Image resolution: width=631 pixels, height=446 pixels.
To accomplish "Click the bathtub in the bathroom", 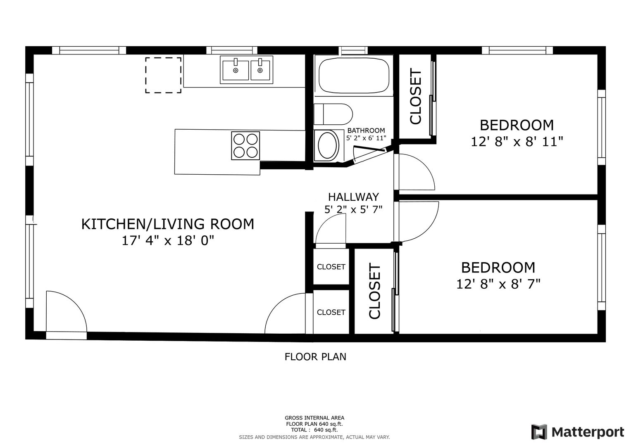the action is tap(354, 76).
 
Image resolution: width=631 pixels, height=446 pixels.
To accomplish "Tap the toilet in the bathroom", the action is tap(333, 114).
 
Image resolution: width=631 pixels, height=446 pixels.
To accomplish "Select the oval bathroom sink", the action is tap(327, 145).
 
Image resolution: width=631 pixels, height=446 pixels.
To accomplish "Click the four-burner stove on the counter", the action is tap(245, 145).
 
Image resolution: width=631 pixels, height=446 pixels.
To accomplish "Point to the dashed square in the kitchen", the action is tap(163, 75).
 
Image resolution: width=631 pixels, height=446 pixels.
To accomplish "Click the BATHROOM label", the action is tap(366, 130).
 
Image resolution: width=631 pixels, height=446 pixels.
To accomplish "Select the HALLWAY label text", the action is tap(354, 197).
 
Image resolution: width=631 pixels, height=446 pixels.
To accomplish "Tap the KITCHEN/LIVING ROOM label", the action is tap(168, 224).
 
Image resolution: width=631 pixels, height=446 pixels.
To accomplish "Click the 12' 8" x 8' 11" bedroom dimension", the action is tap(517, 142).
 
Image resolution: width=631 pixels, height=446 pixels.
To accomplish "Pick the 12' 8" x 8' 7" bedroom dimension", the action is tap(498, 284).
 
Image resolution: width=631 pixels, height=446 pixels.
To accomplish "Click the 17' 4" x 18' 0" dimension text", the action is tap(168, 240).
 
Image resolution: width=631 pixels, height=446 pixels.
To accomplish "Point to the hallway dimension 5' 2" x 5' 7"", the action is tap(354, 209).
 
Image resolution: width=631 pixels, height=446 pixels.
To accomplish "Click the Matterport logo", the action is tap(578, 432).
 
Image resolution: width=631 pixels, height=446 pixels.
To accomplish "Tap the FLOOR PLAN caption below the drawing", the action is tap(315, 357).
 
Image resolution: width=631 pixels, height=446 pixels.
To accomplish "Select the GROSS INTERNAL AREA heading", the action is tap(314, 418).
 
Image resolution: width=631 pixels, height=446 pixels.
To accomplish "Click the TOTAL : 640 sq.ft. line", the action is tap(314, 429).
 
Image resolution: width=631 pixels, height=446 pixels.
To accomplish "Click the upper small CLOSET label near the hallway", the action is tap(331, 267).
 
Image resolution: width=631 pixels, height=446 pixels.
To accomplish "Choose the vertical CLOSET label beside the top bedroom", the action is tap(416, 96).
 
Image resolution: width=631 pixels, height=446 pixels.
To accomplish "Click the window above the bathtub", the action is tap(353, 50).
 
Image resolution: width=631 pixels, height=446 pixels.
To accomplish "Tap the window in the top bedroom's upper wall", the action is tap(517, 50).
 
